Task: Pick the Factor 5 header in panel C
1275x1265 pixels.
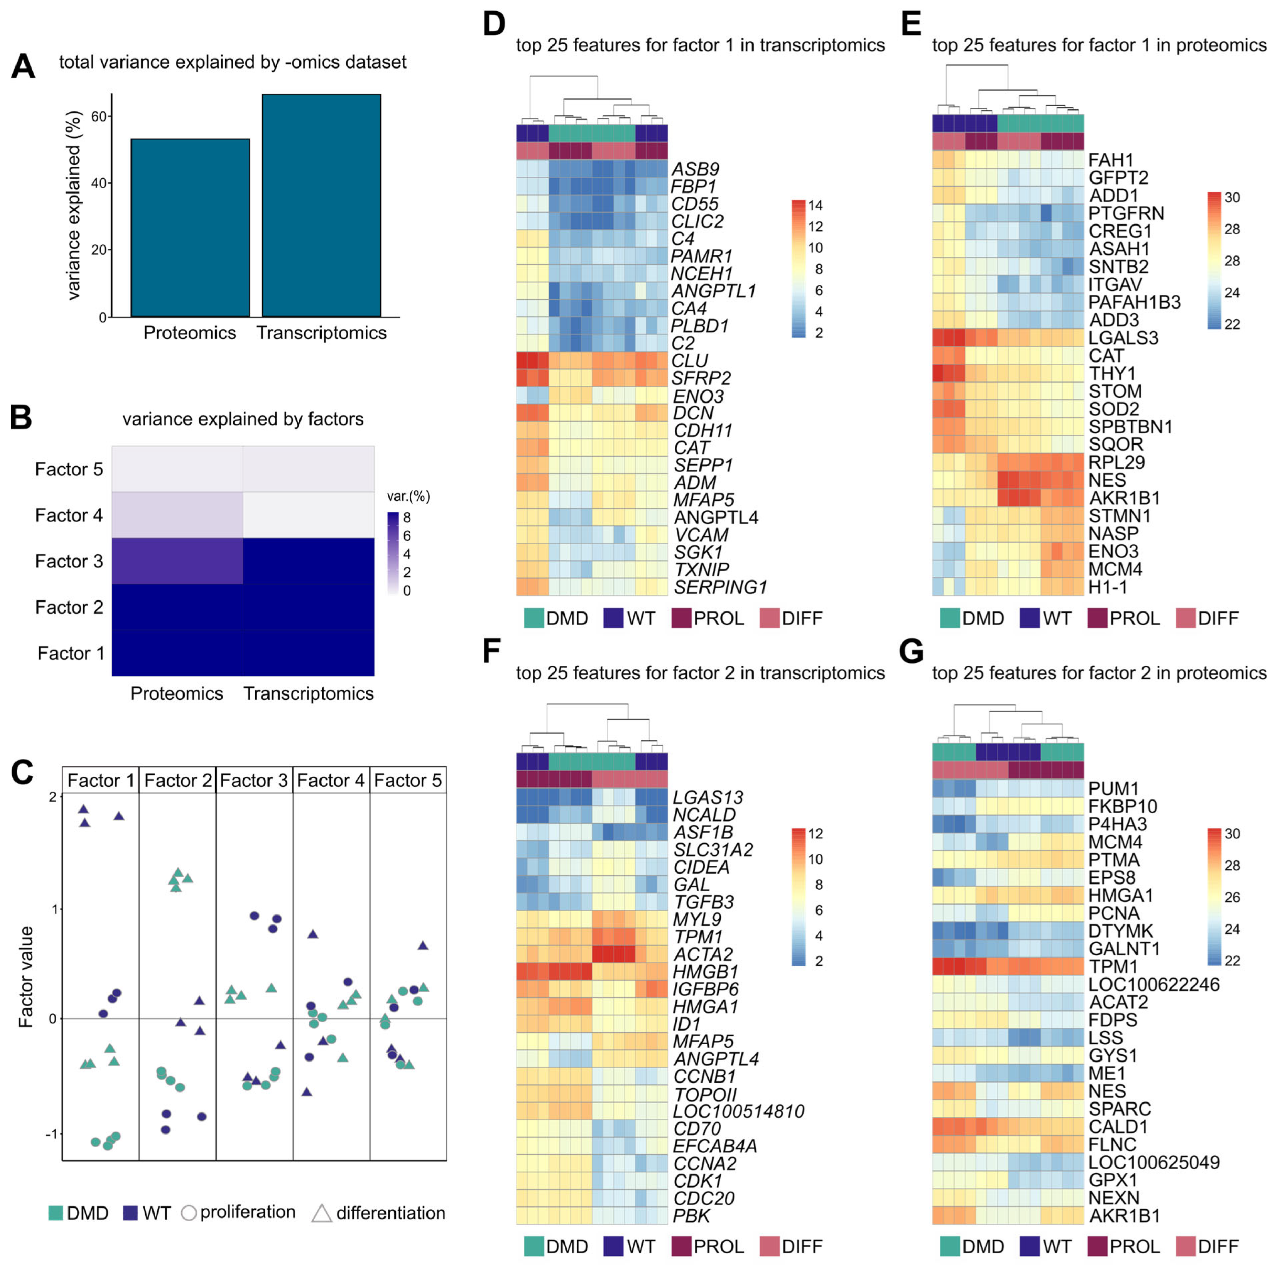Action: tap(408, 781)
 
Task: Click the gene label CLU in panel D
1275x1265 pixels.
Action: tap(689, 360)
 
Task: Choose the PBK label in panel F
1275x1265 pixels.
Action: tap(691, 1215)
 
